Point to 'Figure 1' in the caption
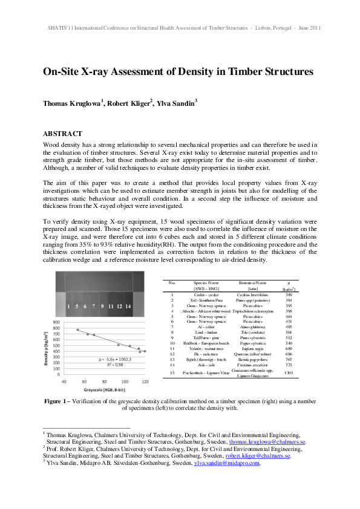(60, 401)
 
